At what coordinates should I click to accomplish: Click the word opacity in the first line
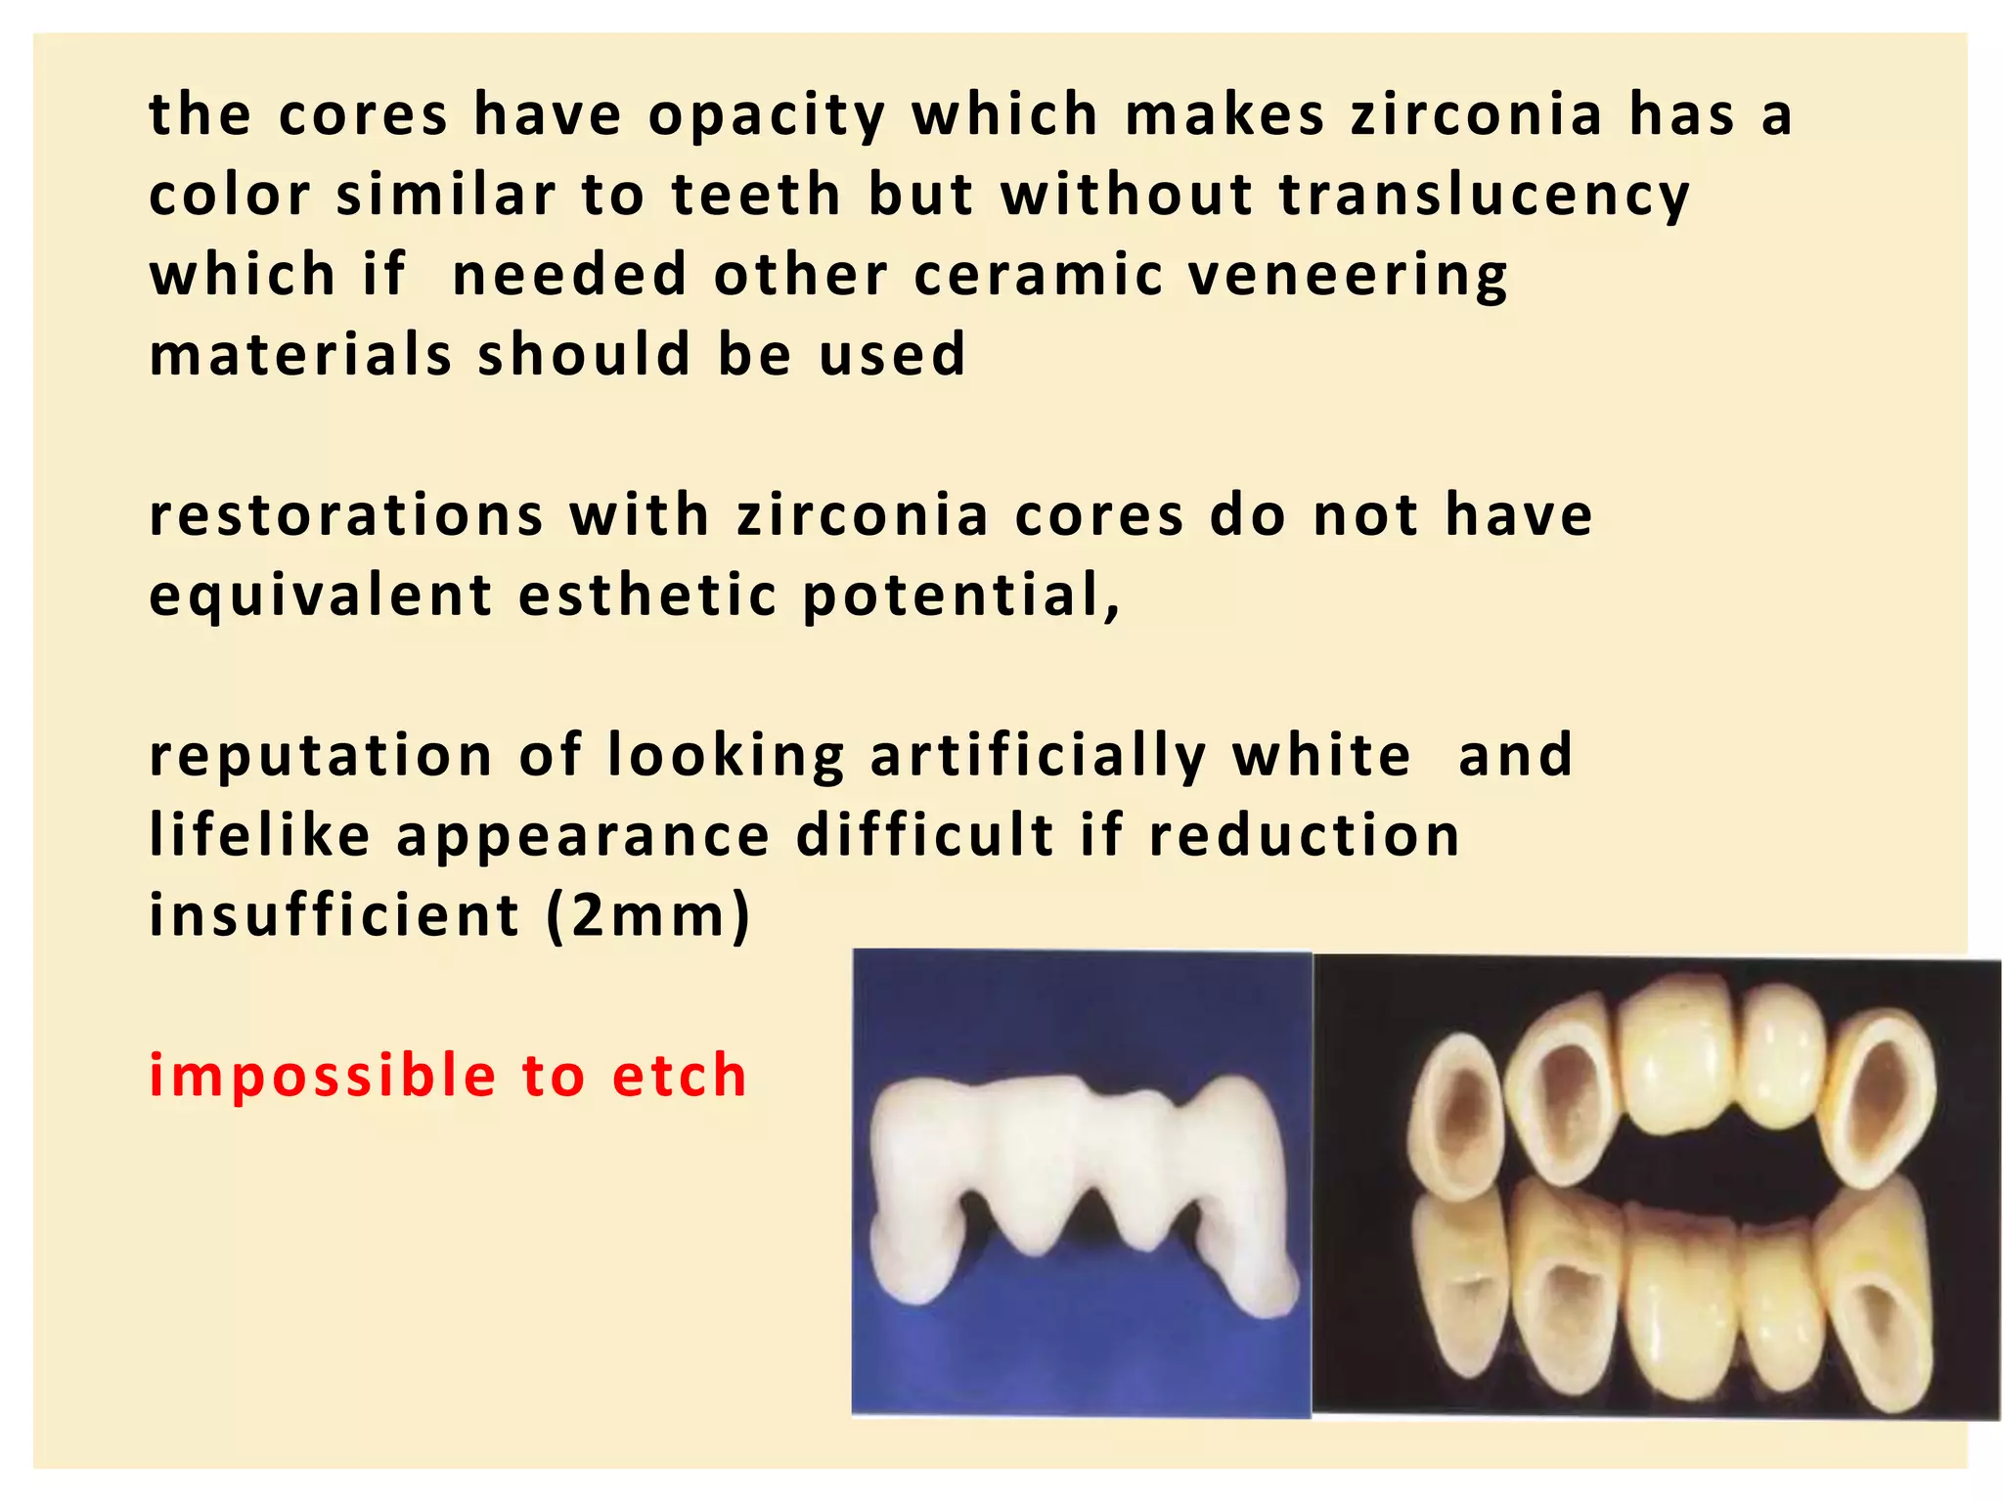point(766,115)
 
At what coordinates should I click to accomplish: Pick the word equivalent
point(321,596)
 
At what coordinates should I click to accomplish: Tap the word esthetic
point(647,596)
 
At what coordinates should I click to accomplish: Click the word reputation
point(321,757)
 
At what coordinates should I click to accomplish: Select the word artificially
point(1038,757)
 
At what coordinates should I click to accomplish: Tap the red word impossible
point(322,1077)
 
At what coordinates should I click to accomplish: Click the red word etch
point(680,1077)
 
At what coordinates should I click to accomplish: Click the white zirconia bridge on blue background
point(1081,1188)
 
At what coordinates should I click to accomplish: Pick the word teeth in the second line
point(756,195)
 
